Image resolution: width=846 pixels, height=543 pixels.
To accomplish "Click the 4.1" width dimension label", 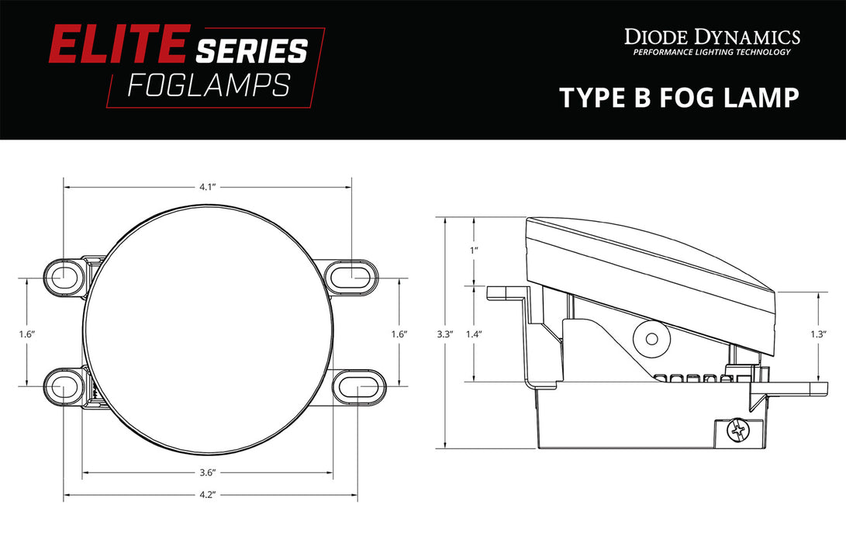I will click(x=205, y=187).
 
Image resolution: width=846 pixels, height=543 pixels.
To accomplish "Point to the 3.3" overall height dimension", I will click(x=444, y=334).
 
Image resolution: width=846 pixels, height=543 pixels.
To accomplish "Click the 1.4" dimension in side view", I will click(x=474, y=334).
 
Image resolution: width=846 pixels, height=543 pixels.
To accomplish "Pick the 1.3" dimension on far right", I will click(x=818, y=334).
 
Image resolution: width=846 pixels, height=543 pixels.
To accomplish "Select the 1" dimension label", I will click(x=474, y=251).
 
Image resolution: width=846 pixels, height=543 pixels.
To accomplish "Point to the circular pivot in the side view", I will click(x=650, y=337).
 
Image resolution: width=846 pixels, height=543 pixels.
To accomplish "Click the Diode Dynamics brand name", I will click(x=712, y=36).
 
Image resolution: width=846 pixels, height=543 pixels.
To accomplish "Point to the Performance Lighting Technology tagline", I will click(x=712, y=53).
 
